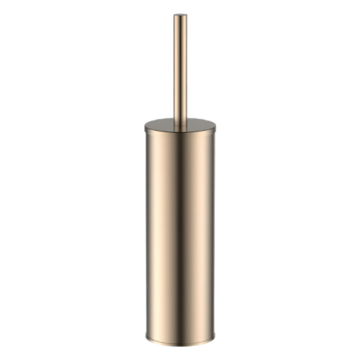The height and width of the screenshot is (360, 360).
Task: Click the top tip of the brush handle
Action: [x=180, y=15]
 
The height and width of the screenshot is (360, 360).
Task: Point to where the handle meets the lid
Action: [x=180, y=124]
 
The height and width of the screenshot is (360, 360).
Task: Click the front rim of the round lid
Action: [x=180, y=132]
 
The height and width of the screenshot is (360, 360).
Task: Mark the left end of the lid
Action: [x=146, y=126]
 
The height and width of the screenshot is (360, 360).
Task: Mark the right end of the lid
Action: [x=215, y=126]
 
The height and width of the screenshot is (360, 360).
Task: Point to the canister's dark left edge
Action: [x=147, y=235]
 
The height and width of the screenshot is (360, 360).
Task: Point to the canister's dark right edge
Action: [x=214, y=235]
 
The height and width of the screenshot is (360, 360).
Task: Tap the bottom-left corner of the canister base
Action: [x=147, y=339]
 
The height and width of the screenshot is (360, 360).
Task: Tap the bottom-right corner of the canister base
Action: [x=214, y=339]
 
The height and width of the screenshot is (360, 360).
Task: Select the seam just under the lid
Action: [x=180, y=135]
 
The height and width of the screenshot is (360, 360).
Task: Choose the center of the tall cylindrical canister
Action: [x=180, y=235]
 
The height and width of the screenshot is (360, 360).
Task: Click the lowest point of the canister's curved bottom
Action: [x=180, y=345]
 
